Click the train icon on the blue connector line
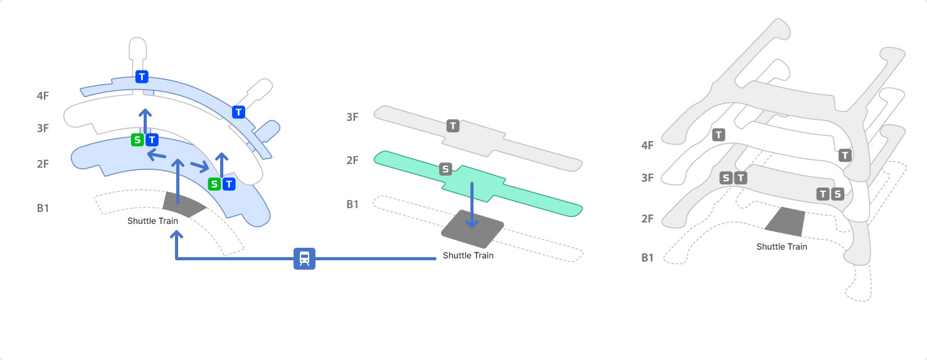pyautogui.click(x=305, y=258)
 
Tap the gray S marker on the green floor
pyautogui.click(x=445, y=169)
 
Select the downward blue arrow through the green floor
pyautogui.click(x=472, y=205)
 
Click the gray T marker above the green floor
pyautogui.click(x=453, y=126)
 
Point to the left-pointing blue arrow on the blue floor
pyautogui.click(x=157, y=155)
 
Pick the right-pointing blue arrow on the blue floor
pyautogui.click(x=199, y=166)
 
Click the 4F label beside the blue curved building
pyautogui.click(x=43, y=96)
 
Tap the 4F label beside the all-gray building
pyautogui.click(x=647, y=146)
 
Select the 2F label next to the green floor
pyautogui.click(x=352, y=160)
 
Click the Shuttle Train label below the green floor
pyautogui.click(x=468, y=255)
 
